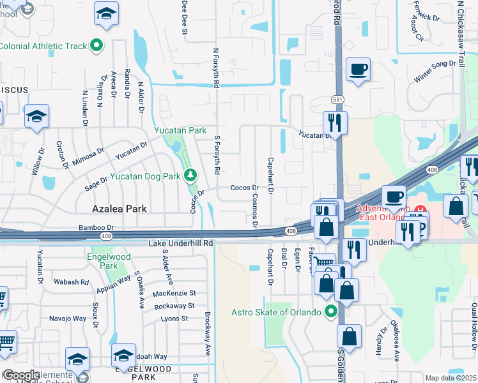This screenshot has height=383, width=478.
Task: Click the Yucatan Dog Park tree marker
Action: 189,175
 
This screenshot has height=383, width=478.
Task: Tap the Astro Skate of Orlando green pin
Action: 330,312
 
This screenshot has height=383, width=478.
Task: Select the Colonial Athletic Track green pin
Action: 96,45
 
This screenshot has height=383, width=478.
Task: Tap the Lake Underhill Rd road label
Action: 181,244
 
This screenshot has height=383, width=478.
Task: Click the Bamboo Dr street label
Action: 96,227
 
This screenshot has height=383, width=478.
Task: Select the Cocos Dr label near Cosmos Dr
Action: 244,188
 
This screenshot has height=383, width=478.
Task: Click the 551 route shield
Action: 337,100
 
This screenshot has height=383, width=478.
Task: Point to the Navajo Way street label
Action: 68,318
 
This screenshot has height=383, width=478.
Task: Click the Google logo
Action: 21,375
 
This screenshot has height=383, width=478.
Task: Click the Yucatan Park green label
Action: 180,130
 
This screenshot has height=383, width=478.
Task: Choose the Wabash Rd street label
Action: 71,282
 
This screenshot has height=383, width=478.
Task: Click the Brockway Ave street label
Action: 208,334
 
